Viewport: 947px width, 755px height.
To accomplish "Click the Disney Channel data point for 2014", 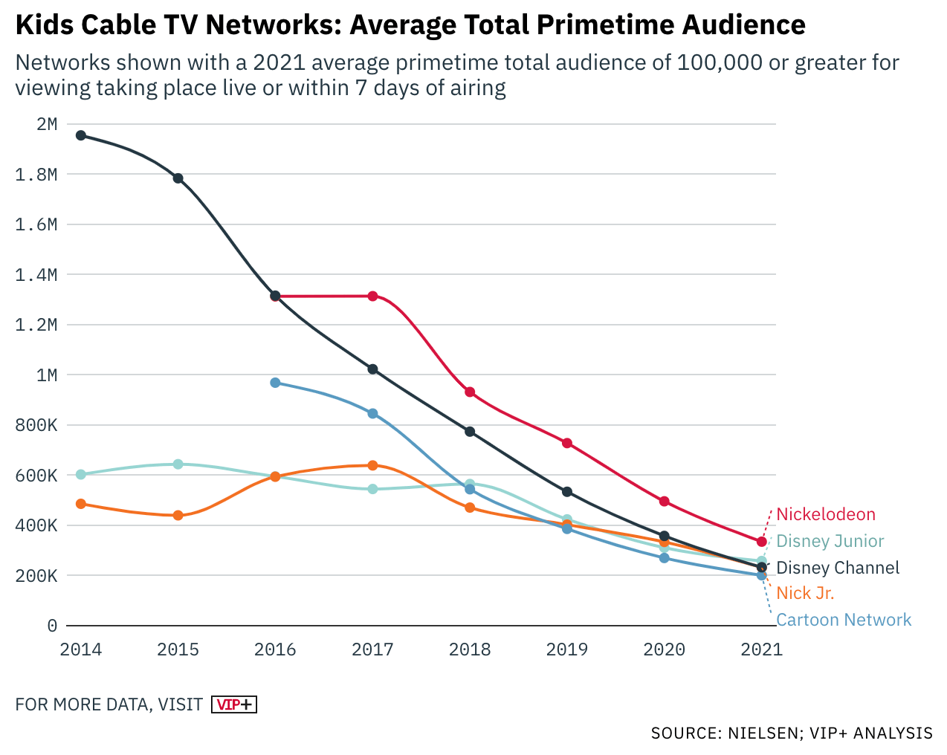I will coord(81,135).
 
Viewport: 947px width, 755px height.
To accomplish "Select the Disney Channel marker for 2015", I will coord(178,178).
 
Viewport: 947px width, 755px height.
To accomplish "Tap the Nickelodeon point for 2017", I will coord(372,296).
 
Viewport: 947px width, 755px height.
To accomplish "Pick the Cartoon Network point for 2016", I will coord(275,383).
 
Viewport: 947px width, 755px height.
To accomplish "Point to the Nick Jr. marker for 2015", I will coord(178,515).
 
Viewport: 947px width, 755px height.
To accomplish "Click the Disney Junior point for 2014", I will coord(81,474).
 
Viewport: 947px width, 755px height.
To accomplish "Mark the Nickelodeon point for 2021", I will coord(761,542).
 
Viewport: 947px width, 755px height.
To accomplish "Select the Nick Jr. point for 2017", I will coord(372,465).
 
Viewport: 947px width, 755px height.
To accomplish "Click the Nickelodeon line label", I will coord(826,514).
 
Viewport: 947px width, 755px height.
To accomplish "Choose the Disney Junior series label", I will coord(830,541).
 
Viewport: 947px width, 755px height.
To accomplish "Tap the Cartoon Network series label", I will coord(844,620).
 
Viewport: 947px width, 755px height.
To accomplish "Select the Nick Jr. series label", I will coord(805,593).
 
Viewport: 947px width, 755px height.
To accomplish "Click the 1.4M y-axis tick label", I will coord(36,275).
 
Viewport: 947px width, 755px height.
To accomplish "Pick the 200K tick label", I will coord(36,576).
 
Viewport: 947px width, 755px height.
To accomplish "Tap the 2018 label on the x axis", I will coord(470,649).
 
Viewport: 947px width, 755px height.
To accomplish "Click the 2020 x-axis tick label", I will coord(664,649).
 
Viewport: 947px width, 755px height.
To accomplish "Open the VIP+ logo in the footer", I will coord(234,704).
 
